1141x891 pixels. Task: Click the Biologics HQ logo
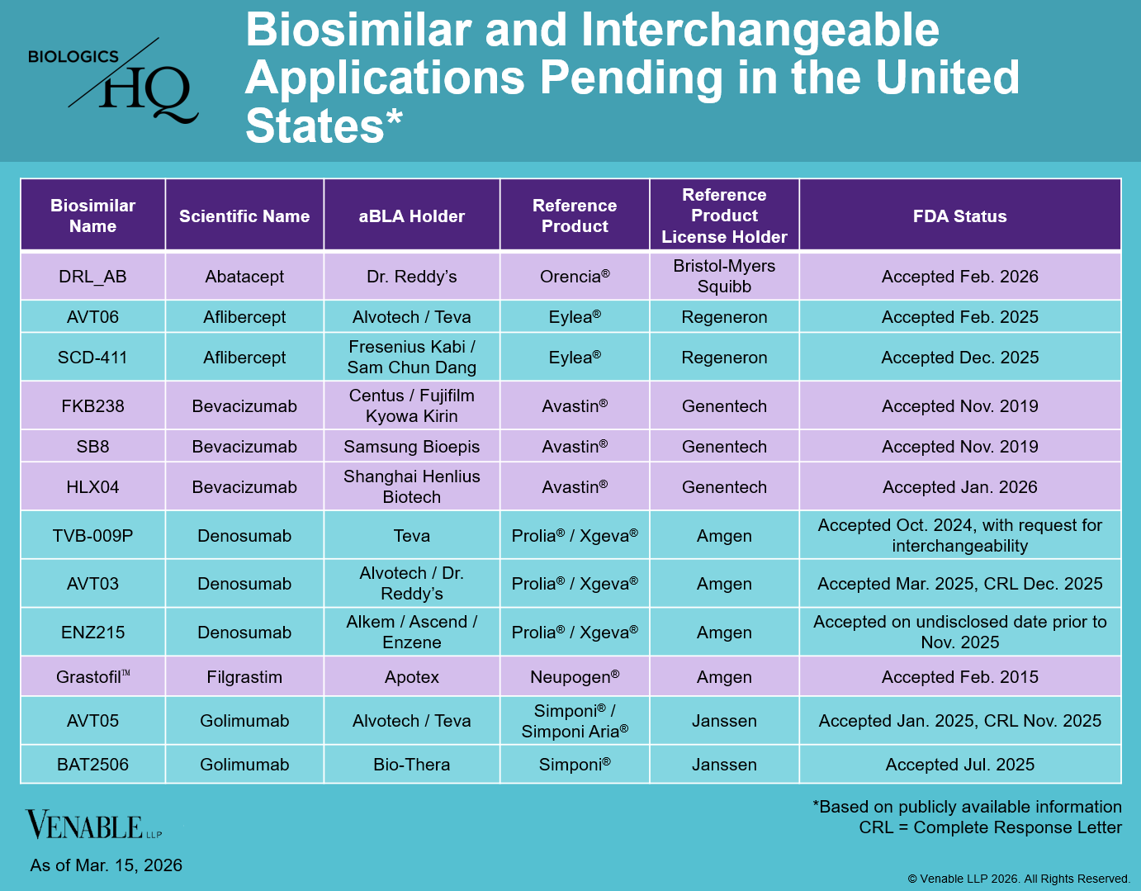pos(113,80)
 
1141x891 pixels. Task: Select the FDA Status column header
pos(959,216)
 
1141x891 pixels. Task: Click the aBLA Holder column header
pos(411,216)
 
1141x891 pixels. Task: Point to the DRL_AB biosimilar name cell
pos(92,277)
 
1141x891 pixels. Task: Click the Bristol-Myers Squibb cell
pos(724,277)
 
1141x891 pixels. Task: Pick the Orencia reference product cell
pos(575,277)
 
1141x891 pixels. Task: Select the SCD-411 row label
pos(92,358)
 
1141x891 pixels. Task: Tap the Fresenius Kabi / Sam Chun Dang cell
pos(411,358)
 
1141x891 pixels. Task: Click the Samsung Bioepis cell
pos(411,447)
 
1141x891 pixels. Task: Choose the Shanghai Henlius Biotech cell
pos(411,487)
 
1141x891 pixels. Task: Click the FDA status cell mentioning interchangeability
pos(959,535)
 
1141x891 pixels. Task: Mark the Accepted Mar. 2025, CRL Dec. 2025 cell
pos(959,584)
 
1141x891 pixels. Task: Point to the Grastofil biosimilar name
pos(92,677)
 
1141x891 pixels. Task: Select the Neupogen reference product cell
pos(575,677)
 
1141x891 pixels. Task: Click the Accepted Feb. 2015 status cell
pos(959,677)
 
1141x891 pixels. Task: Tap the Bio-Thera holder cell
pos(411,765)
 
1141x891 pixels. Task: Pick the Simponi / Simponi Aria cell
pos(575,721)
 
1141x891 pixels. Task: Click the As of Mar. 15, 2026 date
pos(107,865)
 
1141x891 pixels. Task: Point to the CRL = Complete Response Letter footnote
pos(990,827)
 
